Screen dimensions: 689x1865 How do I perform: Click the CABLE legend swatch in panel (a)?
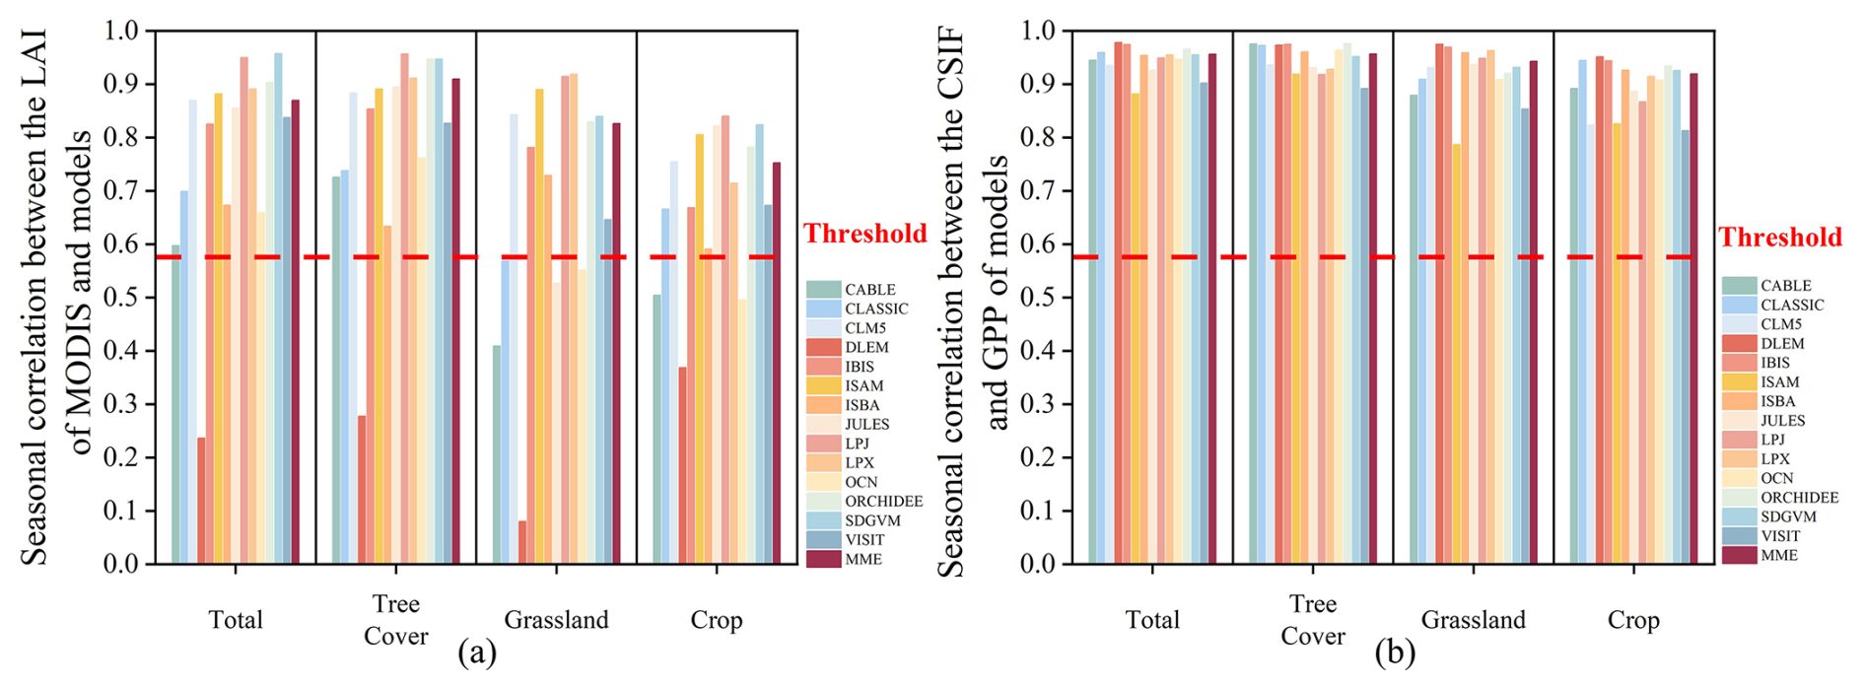[823, 289]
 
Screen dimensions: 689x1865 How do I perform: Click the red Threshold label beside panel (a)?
[864, 234]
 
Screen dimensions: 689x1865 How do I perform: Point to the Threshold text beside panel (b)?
[1780, 238]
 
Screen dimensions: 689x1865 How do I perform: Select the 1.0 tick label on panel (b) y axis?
[1037, 32]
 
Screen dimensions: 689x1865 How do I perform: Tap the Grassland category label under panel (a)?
[556, 620]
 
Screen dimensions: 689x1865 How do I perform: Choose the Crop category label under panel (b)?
[1633, 620]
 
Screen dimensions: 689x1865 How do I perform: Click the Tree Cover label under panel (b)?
[1312, 620]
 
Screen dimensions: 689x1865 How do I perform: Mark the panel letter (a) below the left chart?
[477, 653]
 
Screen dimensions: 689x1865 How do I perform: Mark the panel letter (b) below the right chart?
[1395, 653]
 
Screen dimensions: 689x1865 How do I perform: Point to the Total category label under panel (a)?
[236, 620]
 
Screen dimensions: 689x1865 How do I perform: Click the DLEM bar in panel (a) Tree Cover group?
[362, 489]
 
